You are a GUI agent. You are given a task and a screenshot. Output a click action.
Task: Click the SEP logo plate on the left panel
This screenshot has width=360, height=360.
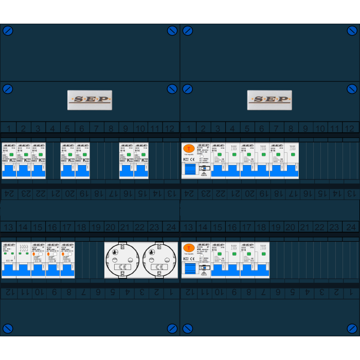pyautogui.click(x=89, y=100)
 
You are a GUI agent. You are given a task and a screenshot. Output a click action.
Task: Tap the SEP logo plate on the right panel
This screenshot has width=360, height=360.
pyautogui.click(x=269, y=100)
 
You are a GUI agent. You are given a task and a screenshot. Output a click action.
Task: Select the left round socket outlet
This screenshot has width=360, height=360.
pyautogui.click(x=122, y=260)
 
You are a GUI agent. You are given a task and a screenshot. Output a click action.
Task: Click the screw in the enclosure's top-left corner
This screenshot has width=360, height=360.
pyautogui.click(x=8, y=31)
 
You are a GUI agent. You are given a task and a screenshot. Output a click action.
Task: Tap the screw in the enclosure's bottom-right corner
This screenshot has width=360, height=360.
pyautogui.click(x=352, y=328)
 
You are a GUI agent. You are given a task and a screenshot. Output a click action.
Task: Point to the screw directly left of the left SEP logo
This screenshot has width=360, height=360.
pyautogui.click(x=8, y=89)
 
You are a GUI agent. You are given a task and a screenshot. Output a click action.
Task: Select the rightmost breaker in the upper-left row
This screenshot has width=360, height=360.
pyautogui.click(x=141, y=160)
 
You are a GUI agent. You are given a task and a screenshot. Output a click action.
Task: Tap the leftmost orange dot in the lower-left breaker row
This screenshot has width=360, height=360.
pyautogui.click(x=34, y=254)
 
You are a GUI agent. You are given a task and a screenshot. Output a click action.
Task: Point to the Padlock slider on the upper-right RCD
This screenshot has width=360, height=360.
pyautogui.click(x=204, y=174)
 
